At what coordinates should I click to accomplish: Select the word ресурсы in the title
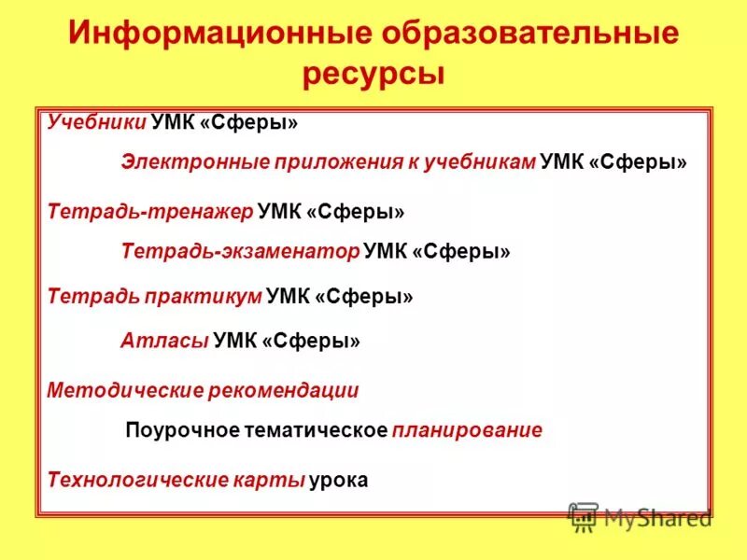point(373,74)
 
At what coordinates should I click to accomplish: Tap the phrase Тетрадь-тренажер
point(150,212)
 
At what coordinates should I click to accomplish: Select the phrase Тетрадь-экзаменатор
point(240,251)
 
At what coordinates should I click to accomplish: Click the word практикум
point(203,297)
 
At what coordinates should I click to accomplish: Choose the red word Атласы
point(164,341)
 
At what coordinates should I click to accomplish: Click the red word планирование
point(467,431)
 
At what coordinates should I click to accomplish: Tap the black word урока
point(340,481)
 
